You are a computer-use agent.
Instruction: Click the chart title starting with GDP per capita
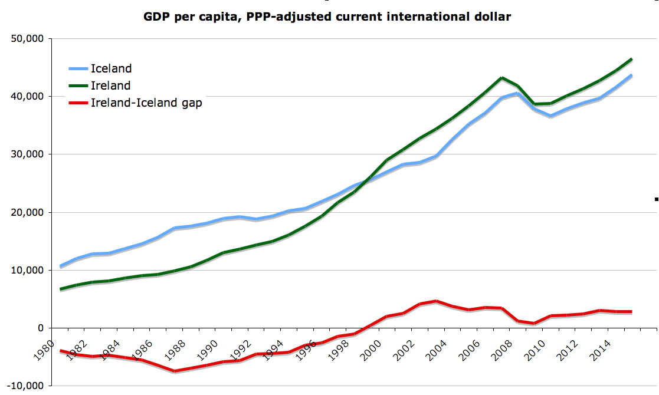[327, 17]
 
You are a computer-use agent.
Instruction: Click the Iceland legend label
[111, 69]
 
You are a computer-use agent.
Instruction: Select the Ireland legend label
[110, 86]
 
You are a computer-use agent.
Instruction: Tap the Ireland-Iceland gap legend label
[146, 103]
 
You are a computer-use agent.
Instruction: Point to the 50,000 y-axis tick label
[28, 39]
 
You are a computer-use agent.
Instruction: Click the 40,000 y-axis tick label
[28, 97]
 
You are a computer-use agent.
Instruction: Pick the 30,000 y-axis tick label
[28, 154]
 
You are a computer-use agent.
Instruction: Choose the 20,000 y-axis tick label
[28, 212]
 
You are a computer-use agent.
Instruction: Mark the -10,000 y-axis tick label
[27, 386]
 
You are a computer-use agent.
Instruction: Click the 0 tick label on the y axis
[41, 328]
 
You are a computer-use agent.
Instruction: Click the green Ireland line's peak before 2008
[501, 78]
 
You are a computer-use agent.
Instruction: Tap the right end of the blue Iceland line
[632, 75]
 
